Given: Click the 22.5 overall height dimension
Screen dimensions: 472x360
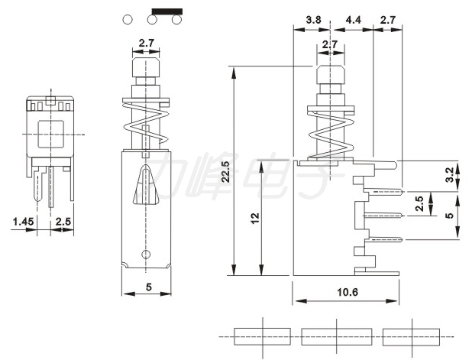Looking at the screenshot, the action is point(226,171).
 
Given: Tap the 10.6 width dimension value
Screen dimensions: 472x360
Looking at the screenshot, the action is point(348,292).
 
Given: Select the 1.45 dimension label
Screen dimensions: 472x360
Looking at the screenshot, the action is point(23,222).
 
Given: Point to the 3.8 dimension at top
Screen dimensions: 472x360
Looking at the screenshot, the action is point(313,20).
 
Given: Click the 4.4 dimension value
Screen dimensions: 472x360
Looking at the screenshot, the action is point(353,20).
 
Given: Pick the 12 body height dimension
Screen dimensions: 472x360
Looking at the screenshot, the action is point(255,218).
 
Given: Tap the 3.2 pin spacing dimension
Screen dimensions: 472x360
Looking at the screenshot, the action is point(450,175).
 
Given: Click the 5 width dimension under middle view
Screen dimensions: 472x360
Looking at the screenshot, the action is point(149,287).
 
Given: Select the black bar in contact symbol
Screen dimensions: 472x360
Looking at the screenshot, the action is point(167,11).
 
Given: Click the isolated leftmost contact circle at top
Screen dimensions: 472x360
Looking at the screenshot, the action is point(128,20).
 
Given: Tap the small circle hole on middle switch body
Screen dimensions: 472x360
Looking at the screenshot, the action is point(146,254).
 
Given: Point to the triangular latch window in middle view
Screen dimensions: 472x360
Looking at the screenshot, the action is point(146,184).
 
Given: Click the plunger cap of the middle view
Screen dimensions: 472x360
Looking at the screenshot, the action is point(146,68).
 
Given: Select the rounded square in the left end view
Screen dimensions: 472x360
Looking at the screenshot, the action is point(51,134).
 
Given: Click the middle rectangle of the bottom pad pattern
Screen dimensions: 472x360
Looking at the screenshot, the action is point(337,336).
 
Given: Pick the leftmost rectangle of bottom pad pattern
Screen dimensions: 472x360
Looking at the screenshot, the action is point(263,336).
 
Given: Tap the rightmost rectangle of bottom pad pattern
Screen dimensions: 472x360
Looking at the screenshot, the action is point(411,336).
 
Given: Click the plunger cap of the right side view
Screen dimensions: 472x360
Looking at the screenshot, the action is point(330,75).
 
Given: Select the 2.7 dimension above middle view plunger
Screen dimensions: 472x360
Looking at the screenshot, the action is point(147,43).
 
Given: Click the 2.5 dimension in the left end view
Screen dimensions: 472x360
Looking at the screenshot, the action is point(63,222).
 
